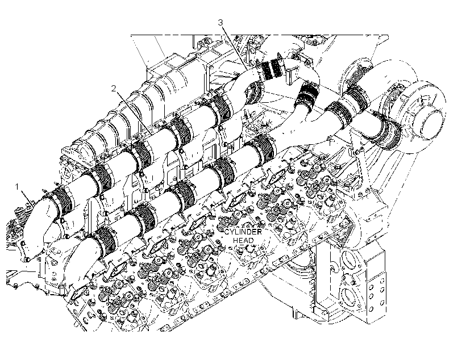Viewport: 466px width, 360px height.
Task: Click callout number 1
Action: (17, 187)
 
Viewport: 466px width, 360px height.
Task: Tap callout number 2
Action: (114, 88)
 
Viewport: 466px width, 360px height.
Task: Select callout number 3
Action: (220, 23)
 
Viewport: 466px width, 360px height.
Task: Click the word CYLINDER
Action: (243, 232)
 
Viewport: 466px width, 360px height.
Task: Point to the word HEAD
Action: (243, 240)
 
